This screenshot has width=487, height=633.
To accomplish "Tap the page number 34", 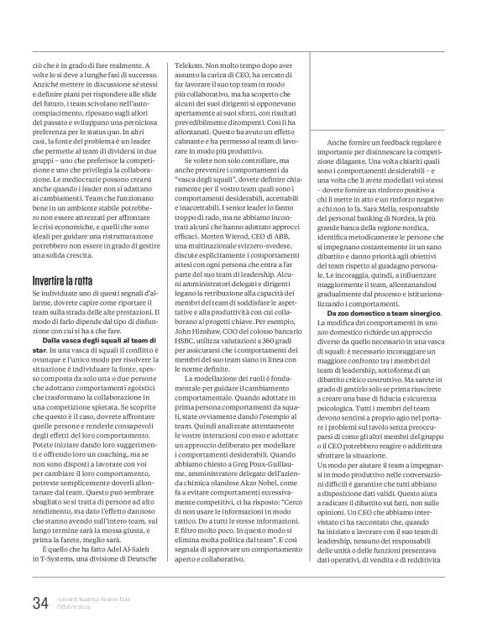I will coord(40,603).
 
